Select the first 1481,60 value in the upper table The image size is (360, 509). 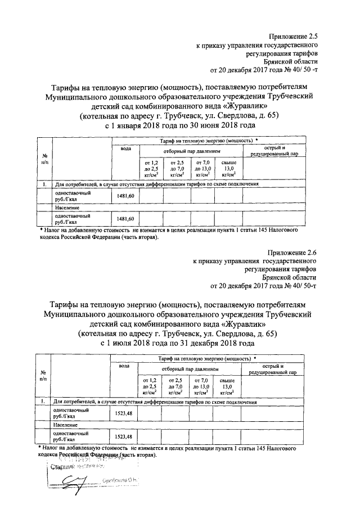point(124,195)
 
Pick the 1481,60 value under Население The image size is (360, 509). point(124,219)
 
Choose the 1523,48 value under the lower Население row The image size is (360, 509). point(124,436)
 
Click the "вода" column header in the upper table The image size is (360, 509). point(125,148)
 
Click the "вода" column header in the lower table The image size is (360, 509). point(124,366)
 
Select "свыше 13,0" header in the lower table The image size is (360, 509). point(228,387)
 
